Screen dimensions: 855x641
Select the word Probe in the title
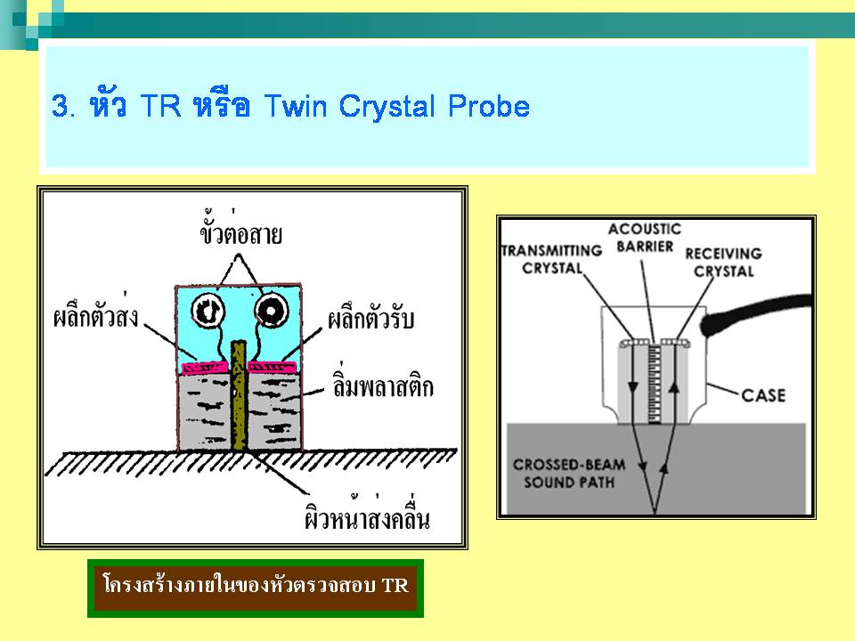[489, 107]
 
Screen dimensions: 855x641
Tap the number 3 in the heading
[60, 107]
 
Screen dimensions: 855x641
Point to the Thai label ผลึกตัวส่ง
[95, 318]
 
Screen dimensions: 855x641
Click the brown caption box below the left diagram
[255, 588]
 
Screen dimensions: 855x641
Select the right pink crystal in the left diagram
[272, 365]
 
